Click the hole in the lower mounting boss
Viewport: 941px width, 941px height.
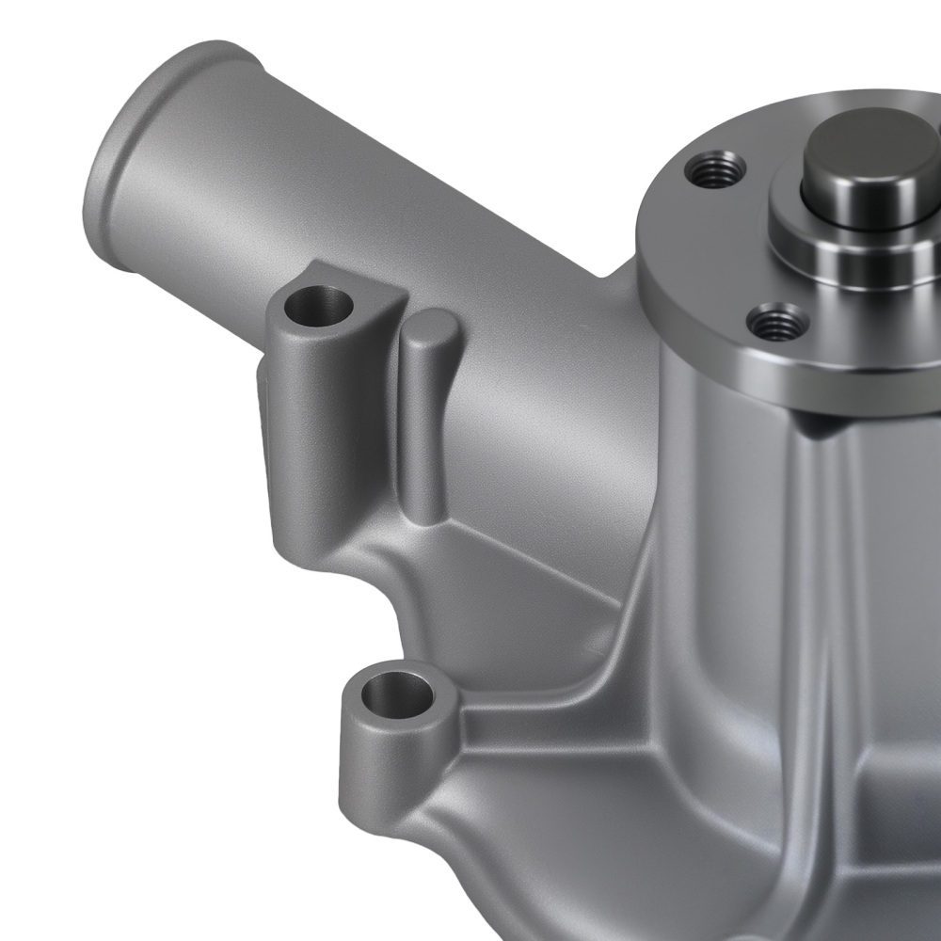(x=393, y=698)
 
